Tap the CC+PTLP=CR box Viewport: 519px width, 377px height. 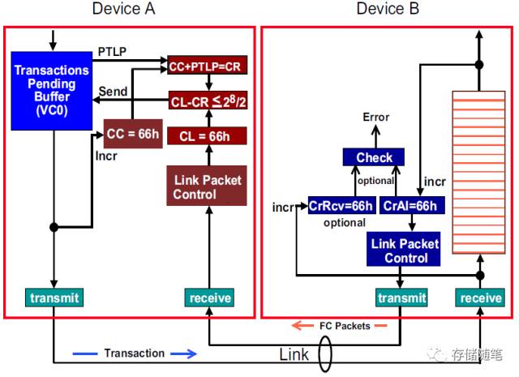point(206,63)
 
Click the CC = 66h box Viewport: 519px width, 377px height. point(132,133)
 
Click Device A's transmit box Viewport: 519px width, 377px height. point(54,298)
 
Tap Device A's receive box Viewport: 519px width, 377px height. point(210,298)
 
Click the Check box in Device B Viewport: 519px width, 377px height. point(374,157)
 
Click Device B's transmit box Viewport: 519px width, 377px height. point(401,298)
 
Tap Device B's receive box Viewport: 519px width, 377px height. point(481,298)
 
